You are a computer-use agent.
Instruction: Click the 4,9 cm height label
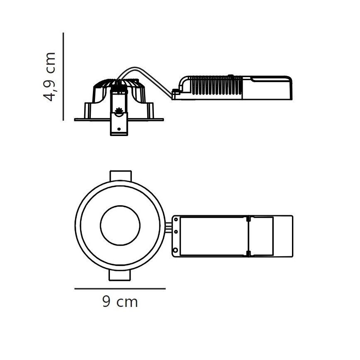tap(49, 77)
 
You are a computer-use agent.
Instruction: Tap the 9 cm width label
tap(120, 302)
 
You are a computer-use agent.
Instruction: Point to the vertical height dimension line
tap(63, 76)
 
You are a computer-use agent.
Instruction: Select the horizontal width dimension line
tap(120, 289)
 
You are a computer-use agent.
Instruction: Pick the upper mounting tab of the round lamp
tap(121, 175)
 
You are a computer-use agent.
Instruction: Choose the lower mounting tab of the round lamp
tap(120, 275)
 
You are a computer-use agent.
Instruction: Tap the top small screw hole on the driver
tap(176, 219)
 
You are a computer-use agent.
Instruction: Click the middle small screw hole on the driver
tap(176, 232)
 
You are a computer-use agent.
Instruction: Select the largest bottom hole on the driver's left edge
tap(175, 250)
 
